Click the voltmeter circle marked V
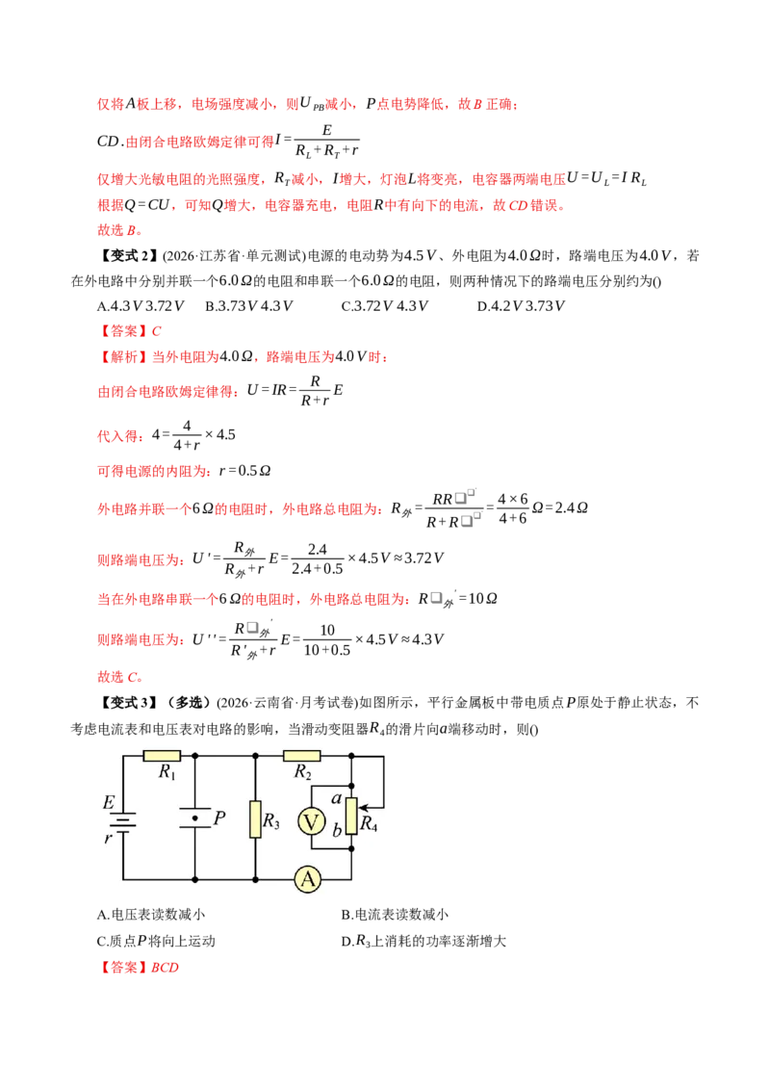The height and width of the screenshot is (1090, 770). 311,822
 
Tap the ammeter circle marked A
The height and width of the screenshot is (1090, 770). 307,879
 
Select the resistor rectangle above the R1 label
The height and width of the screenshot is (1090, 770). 162,756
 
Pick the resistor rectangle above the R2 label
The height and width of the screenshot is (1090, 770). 301,756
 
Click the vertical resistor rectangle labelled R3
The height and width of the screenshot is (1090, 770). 255,819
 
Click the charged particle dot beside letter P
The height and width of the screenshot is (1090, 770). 195,818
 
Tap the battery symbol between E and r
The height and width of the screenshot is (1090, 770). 123,821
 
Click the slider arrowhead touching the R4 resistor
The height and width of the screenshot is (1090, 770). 362,808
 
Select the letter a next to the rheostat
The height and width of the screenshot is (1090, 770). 336,799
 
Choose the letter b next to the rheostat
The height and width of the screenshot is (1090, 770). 337,829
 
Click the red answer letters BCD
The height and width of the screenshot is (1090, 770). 165,967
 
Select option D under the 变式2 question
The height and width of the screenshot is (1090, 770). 521,306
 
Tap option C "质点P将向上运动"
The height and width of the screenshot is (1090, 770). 156,941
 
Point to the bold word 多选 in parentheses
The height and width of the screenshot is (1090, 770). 189,703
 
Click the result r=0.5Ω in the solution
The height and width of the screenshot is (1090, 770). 244,471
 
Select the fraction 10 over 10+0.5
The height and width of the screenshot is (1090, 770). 326,639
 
